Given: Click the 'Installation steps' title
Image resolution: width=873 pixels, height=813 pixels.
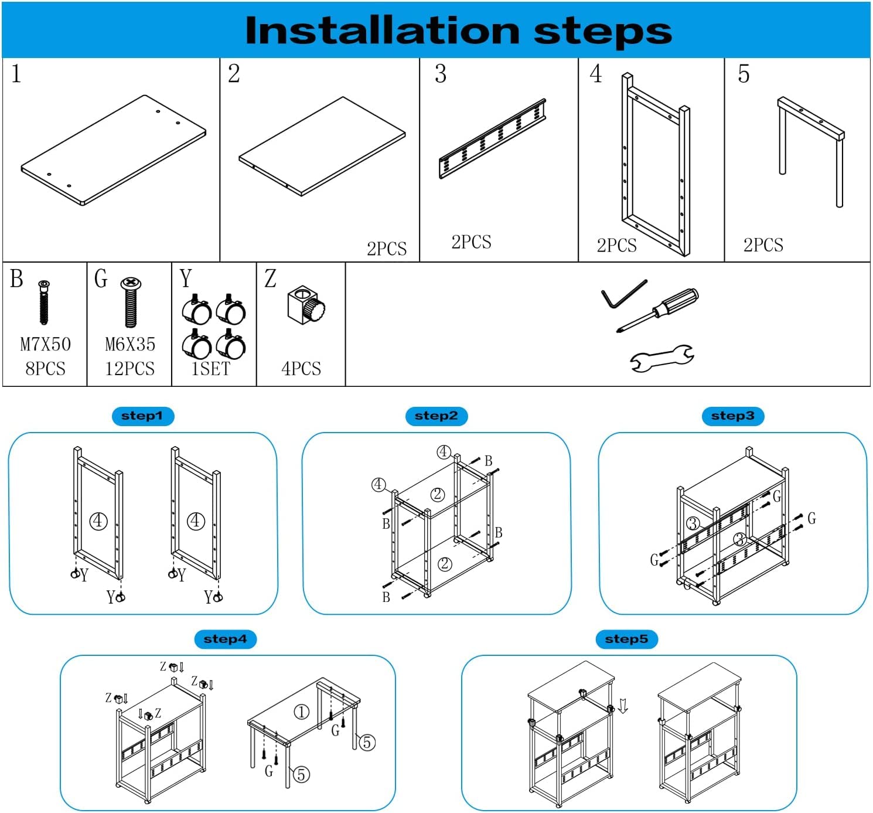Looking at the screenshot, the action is (458, 30).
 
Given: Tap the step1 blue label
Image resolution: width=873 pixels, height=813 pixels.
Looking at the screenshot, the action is (142, 416).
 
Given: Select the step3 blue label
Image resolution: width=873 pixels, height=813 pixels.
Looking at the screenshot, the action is (732, 416).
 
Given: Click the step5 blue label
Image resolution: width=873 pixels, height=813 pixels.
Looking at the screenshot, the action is (626, 639).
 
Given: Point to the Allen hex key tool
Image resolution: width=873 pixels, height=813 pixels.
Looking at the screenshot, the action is (623, 293).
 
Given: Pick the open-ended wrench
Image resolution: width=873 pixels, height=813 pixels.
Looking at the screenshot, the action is (662, 358).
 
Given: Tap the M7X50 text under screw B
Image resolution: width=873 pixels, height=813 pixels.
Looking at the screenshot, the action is (45, 344).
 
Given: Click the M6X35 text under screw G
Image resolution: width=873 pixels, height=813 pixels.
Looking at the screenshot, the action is (129, 344).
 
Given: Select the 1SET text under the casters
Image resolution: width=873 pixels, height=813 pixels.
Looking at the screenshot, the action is (211, 369).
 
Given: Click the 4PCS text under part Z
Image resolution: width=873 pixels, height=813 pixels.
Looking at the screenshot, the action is (301, 369).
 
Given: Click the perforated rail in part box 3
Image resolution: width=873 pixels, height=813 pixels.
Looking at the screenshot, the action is (493, 139).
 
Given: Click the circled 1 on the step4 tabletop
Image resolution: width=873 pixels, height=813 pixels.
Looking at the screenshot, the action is (301, 712).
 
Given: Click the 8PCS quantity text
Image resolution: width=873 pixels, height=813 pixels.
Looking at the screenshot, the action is (45, 369).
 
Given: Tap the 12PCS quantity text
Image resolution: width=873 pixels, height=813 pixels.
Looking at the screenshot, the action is (129, 369).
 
